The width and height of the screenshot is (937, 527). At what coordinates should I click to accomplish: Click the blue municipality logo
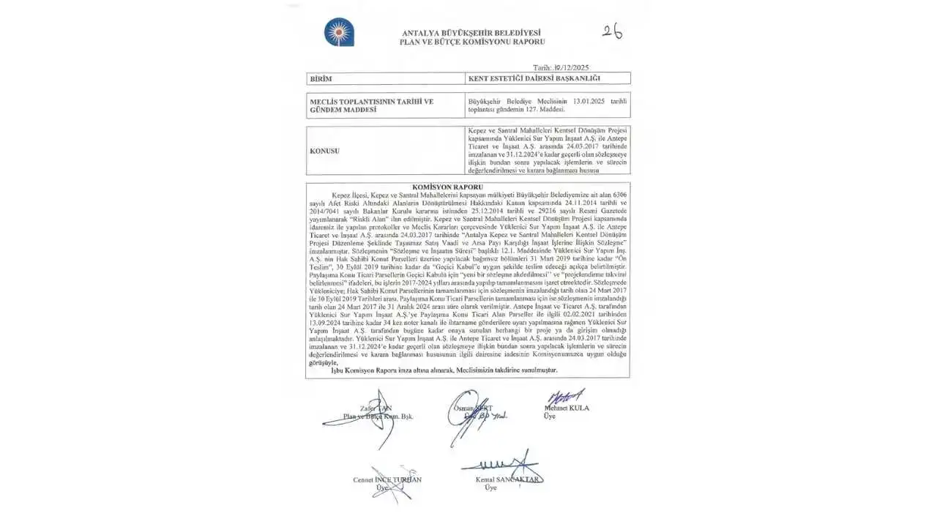(339, 32)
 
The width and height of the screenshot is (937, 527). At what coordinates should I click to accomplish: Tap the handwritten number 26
(612, 31)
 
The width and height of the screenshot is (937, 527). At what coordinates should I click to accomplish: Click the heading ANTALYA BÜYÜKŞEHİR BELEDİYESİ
(471, 33)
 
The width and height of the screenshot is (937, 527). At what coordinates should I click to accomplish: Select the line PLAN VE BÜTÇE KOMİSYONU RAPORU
(471, 42)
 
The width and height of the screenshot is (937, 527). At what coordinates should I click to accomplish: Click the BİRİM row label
(321, 78)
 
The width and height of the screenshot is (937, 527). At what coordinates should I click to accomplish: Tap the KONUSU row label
(326, 150)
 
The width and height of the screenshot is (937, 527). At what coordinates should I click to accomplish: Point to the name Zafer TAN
(376, 408)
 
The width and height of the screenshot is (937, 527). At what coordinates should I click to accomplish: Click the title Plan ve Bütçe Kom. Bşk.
(378, 416)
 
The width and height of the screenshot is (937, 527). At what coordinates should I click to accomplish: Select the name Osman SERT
(474, 408)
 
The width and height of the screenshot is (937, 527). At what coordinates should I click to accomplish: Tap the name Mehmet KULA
(567, 408)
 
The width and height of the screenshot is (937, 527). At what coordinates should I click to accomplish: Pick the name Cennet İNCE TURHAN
(387, 480)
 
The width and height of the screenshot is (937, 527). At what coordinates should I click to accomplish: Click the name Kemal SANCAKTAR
(508, 480)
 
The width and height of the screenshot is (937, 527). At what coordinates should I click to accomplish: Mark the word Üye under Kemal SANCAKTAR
(490, 488)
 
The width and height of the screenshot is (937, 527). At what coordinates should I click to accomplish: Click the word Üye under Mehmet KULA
(549, 416)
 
